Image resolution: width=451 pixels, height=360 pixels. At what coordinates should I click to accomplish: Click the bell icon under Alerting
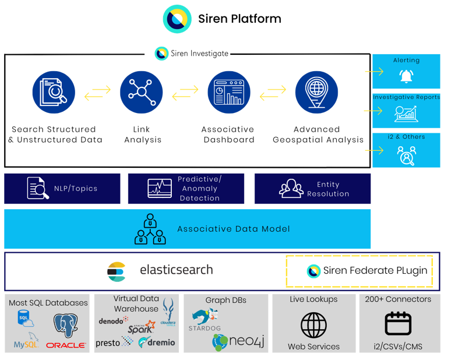406,76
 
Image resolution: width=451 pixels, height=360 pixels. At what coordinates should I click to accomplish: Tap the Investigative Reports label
406,97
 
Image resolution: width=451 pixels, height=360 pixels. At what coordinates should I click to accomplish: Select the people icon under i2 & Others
406,155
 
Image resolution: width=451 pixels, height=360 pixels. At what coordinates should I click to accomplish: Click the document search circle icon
54,92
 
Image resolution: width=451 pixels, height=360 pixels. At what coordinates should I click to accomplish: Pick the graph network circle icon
142,92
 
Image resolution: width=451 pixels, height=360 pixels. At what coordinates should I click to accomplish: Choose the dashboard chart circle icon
229,92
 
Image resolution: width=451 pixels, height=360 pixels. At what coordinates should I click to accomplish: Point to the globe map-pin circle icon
316,92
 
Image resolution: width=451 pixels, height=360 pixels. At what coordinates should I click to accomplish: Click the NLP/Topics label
76,189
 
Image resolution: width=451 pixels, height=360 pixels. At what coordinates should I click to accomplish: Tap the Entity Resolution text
328,189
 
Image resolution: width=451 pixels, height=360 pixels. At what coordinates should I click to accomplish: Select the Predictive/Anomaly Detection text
199,189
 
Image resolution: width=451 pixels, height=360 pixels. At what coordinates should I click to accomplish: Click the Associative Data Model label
233,229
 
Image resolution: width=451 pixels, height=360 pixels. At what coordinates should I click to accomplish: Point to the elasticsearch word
176,270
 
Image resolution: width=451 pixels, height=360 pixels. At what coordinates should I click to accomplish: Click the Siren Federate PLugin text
375,271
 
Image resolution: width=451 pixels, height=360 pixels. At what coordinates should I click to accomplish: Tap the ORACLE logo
66,345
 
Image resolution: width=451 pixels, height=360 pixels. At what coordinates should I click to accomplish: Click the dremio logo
157,343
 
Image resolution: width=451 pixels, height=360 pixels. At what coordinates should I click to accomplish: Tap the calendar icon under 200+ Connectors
398,324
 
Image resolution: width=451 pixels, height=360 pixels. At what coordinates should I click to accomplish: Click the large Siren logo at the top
177,18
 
